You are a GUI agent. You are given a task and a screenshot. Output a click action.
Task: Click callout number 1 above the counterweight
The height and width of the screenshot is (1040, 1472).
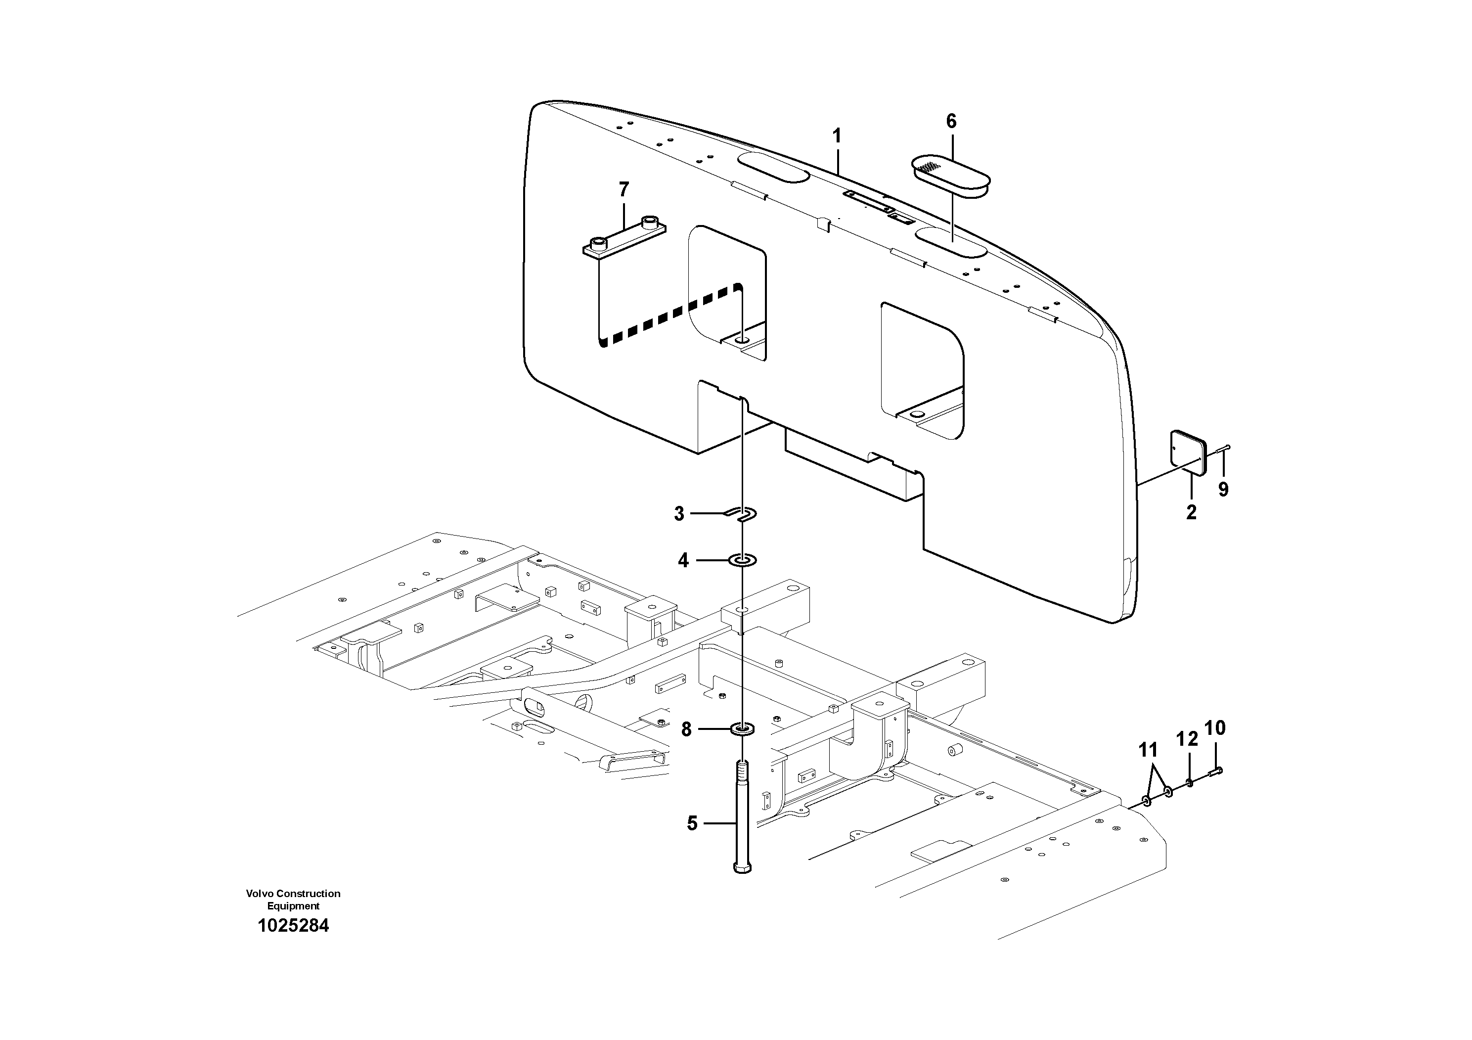(x=837, y=136)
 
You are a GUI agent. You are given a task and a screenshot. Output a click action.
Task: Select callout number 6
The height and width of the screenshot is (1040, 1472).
(x=951, y=121)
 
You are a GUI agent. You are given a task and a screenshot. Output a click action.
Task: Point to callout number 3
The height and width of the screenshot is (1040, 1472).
(x=679, y=514)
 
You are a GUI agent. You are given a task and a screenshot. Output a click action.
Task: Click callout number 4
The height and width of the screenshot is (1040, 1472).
(x=683, y=561)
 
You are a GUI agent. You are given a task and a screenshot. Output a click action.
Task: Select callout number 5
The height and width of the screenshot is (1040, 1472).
(x=692, y=823)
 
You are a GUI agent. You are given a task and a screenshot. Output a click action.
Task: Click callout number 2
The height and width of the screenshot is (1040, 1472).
(x=1191, y=512)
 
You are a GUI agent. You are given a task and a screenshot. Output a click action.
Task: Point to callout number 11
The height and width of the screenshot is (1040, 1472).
(x=1148, y=750)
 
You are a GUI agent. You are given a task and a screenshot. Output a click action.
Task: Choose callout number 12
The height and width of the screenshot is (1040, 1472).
(x=1187, y=739)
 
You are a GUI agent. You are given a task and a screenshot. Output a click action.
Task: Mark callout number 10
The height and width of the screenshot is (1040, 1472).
(x=1215, y=728)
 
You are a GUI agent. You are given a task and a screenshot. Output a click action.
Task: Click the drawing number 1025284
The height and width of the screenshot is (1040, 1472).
(x=293, y=926)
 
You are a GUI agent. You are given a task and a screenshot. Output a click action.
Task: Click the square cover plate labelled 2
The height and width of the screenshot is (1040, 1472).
(x=1187, y=452)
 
